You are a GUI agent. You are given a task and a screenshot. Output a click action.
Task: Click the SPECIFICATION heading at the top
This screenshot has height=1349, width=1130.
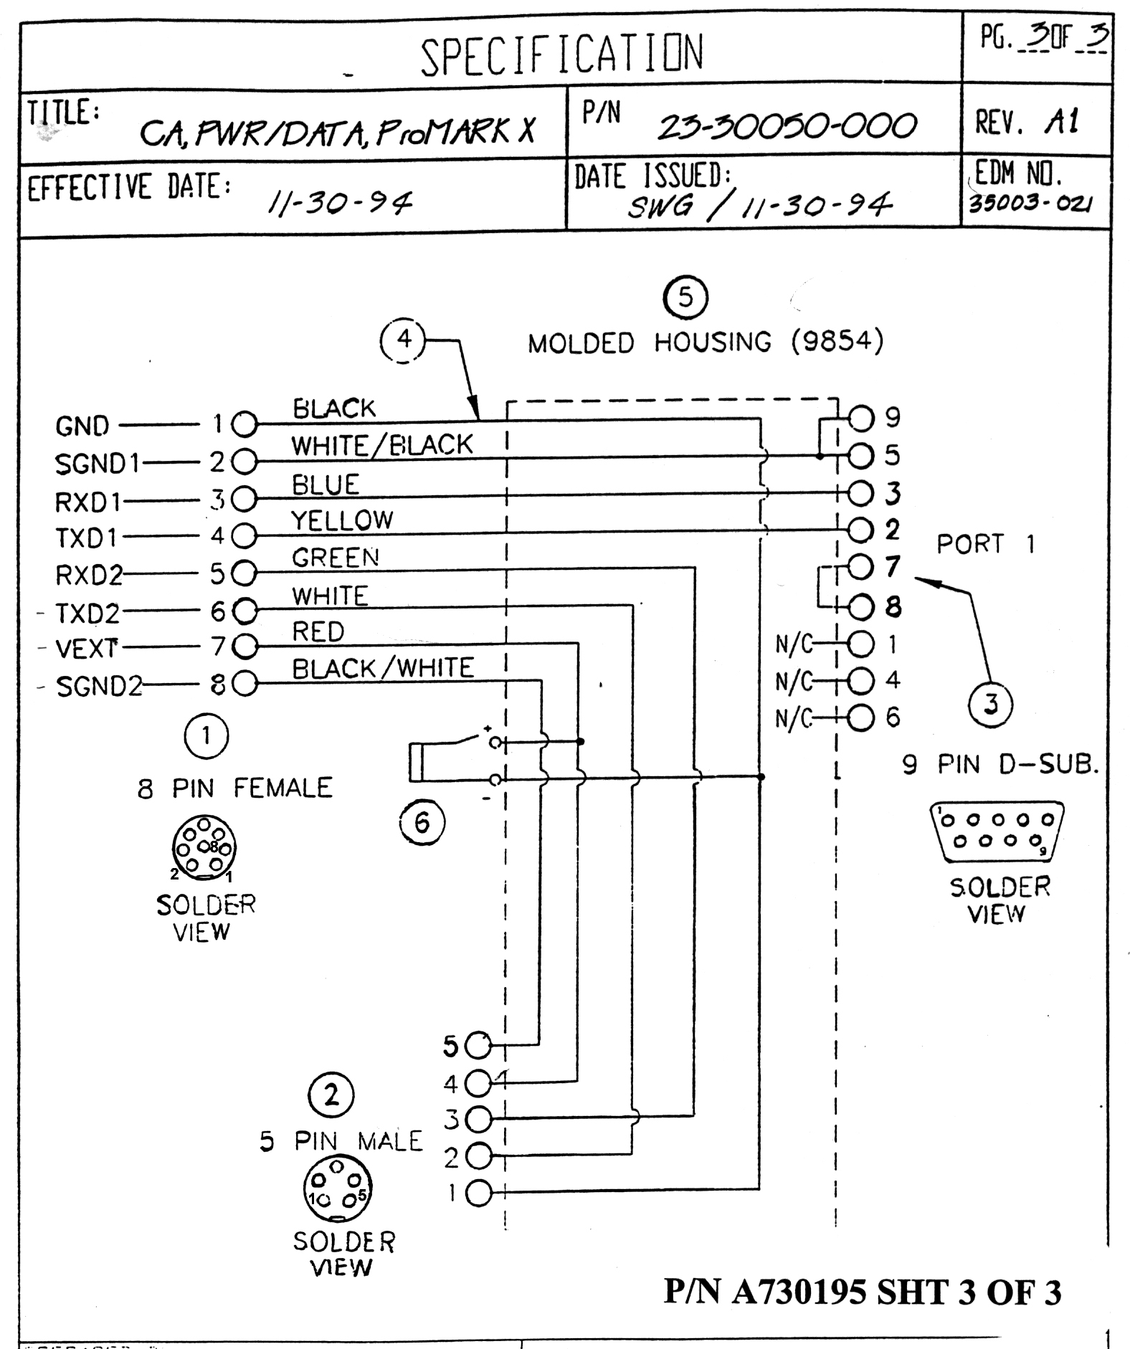(x=561, y=54)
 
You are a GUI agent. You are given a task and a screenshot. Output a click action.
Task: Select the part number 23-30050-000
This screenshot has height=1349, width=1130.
(x=787, y=127)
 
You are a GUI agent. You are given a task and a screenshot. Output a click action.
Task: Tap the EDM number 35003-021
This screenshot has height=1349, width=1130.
(x=1030, y=204)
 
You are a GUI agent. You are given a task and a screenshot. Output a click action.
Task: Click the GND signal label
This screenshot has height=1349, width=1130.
(x=82, y=426)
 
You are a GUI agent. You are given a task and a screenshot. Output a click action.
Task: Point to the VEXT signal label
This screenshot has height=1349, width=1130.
(x=86, y=649)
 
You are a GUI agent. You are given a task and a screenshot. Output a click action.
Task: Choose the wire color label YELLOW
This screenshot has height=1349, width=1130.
(x=342, y=520)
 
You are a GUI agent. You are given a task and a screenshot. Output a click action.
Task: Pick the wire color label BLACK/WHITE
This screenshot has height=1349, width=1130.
(x=383, y=669)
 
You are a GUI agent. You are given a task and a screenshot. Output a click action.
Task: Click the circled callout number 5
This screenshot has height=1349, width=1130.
(x=685, y=297)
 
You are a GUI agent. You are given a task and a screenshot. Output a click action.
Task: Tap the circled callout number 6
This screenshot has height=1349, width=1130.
(x=422, y=822)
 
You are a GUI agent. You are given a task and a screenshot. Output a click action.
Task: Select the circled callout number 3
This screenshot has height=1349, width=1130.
(x=990, y=704)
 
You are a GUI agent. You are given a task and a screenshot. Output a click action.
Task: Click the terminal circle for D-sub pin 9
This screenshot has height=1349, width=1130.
(x=861, y=417)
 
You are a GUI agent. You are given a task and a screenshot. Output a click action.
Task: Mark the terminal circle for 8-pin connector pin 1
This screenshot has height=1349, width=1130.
(x=244, y=424)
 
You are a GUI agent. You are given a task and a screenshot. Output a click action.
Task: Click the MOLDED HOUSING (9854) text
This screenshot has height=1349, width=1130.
(x=706, y=342)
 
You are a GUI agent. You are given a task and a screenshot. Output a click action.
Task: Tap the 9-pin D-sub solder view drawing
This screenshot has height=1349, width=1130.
(x=997, y=831)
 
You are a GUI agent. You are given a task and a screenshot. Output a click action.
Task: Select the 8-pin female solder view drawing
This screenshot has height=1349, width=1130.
(x=204, y=848)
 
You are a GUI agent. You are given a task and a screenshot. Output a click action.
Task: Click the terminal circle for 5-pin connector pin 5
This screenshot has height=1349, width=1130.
(x=478, y=1047)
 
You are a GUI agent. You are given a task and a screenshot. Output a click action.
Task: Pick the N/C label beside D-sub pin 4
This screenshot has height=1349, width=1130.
(x=794, y=681)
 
